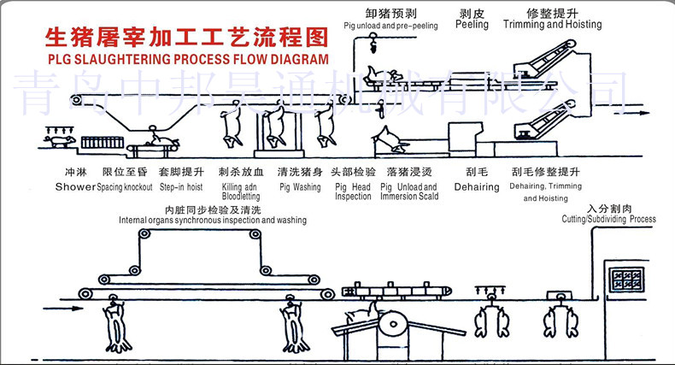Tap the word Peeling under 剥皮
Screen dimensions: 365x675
coord(472,25)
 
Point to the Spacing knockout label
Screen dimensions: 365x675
coord(125,186)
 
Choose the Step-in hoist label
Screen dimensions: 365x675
coord(179,186)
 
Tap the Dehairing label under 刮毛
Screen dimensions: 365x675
coord(476,185)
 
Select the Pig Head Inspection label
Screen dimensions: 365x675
coord(353,191)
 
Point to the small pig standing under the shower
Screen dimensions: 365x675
coord(60,139)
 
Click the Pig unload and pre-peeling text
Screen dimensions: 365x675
coord(390,26)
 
